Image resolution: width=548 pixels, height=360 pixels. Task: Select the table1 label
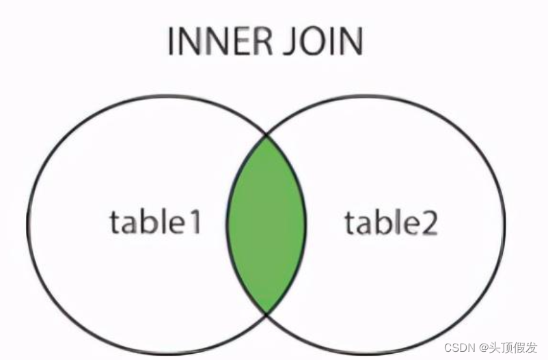point(155,223)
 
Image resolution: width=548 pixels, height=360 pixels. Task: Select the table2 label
point(390,223)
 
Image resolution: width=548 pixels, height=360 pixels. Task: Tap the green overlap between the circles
point(266,224)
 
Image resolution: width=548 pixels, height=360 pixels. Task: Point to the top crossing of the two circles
point(266,135)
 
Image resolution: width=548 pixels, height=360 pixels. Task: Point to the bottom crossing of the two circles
point(266,314)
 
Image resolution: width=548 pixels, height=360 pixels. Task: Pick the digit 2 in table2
point(428,223)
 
